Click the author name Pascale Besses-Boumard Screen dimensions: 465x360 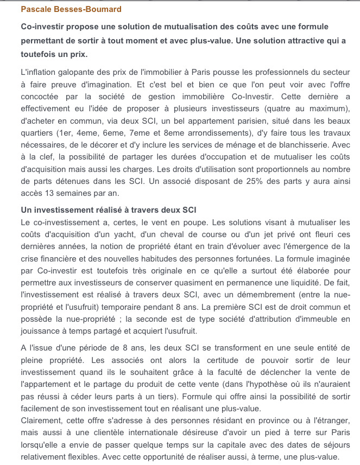click(x=71, y=9)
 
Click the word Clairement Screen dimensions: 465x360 click(x=41, y=421)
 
